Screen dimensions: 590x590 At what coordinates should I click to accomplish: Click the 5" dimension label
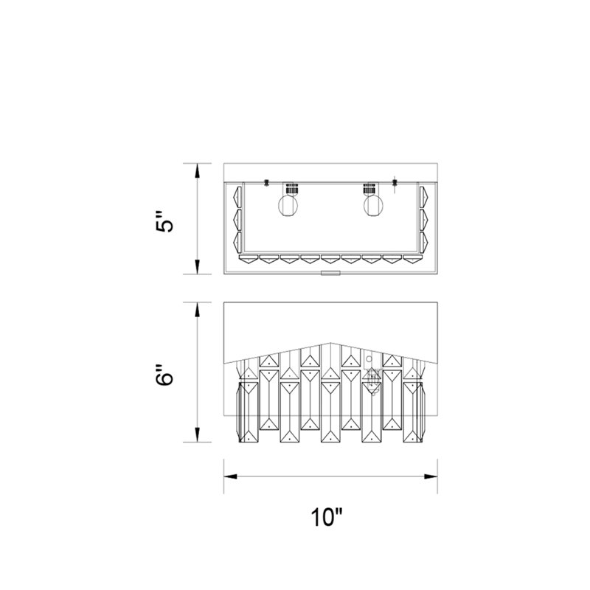pos(164,221)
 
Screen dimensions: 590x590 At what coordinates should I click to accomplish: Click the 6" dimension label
pos(164,375)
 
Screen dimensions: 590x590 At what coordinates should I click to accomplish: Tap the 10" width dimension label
pos(327,517)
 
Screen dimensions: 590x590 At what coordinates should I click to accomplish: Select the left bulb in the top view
pos(288,205)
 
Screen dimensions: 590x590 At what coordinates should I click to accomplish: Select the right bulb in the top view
pos(374,205)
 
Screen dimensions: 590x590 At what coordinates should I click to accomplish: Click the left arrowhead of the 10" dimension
pos(230,476)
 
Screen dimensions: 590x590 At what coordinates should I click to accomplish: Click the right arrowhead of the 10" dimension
pos(431,476)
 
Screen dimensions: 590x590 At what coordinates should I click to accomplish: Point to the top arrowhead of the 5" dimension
pos(197,171)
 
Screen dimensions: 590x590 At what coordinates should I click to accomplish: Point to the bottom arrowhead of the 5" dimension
pos(197,267)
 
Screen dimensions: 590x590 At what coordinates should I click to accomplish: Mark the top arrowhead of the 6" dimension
pos(197,309)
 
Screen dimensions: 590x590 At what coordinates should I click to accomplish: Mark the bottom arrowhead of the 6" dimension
pos(197,435)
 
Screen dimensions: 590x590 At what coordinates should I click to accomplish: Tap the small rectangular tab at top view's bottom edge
pos(330,273)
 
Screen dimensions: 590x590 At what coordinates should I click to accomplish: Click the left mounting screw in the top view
pos(266,182)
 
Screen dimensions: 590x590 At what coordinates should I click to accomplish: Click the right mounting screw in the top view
pos(395,183)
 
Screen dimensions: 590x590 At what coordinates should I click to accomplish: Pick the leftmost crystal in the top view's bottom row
pos(249,259)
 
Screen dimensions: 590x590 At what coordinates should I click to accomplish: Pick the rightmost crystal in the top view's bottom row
pos(413,259)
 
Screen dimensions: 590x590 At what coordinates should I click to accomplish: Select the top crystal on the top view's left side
pos(237,196)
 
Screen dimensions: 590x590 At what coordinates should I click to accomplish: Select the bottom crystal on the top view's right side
pos(424,242)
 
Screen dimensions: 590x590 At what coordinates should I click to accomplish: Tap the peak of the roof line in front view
pos(330,343)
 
